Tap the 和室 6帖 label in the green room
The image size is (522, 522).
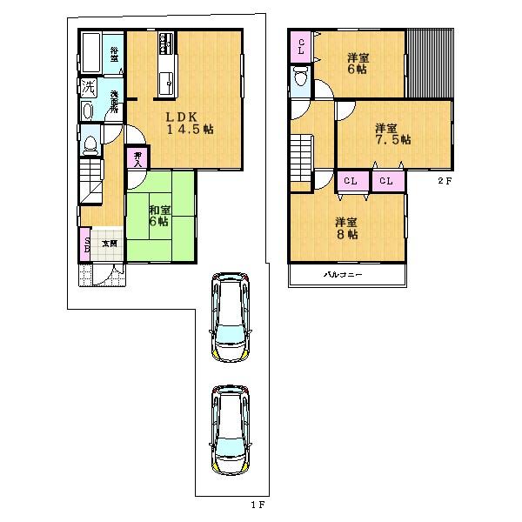(x=158, y=217)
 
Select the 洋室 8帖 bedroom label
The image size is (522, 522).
(x=347, y=228)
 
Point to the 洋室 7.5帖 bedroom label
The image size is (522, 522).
(x=391, y=133)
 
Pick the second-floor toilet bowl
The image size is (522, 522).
(x=301, y=79)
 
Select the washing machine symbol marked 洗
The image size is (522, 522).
(x=88, y=87)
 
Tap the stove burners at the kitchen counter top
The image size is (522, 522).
(x=167, y=43)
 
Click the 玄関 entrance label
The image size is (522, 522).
(x=110, y=244)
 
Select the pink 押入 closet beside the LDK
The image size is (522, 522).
(x=137, y=157)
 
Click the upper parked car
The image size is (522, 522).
(x=228, y=318)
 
